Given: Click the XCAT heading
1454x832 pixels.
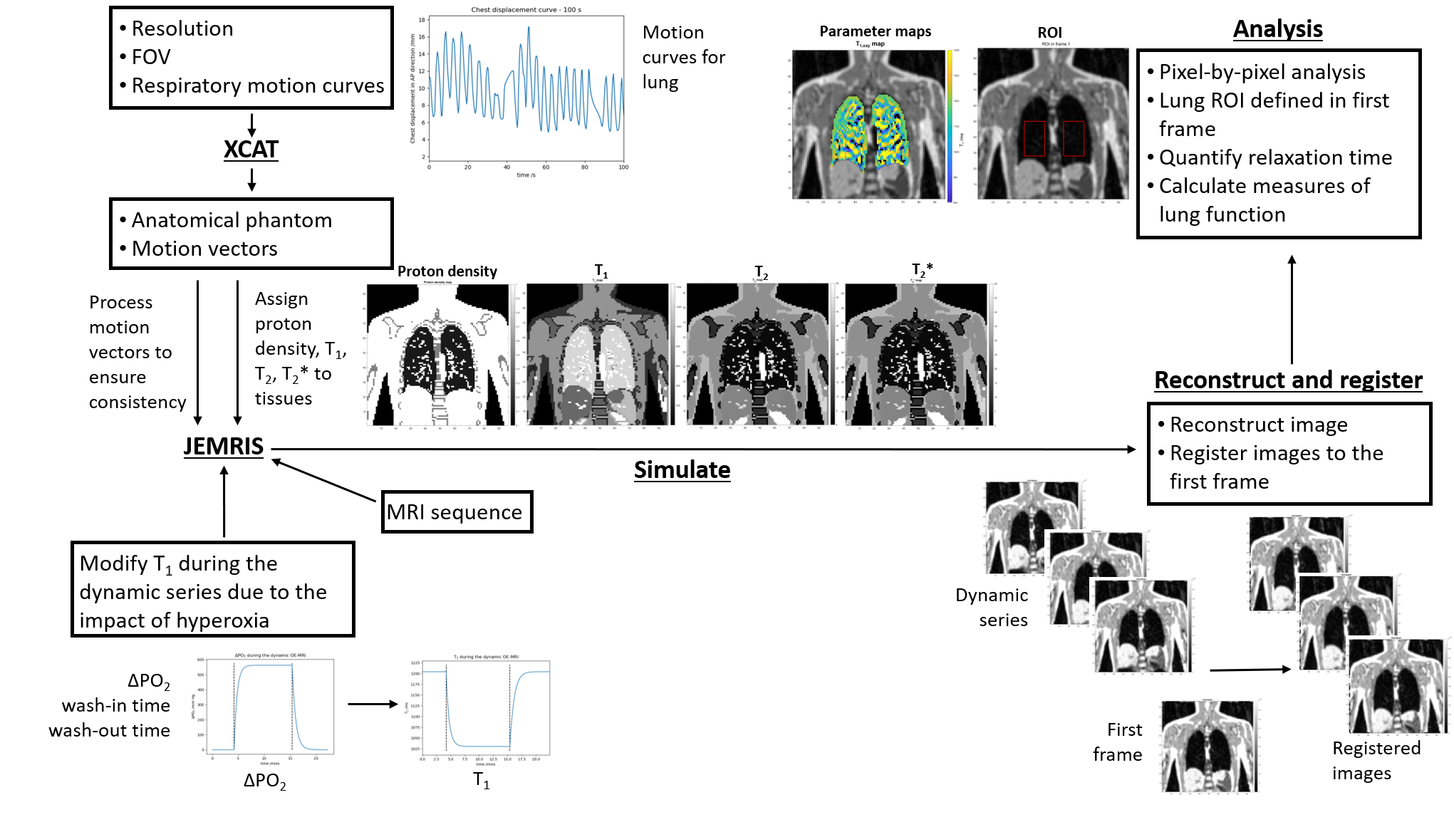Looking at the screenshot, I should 251,150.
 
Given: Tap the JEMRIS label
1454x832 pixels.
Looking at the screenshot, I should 224,447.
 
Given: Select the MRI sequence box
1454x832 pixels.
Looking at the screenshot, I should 457,512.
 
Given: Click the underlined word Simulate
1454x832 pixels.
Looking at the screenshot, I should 682,470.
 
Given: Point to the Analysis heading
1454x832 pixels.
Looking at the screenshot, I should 1277,29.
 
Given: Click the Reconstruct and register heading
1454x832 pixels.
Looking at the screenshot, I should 1288,380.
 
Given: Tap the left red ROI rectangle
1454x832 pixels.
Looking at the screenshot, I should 1034,138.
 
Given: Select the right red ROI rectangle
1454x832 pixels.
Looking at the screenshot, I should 1073,138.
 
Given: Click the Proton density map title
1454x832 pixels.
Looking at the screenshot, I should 447,271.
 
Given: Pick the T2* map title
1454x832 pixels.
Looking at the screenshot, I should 922,270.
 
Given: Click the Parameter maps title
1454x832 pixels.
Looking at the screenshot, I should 875,31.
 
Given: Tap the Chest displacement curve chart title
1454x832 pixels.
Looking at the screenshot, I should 526,10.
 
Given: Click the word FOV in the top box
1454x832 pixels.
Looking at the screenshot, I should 151,57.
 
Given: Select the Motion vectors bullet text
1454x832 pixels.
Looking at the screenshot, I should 204,249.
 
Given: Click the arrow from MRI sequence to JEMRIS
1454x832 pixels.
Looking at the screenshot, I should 324,481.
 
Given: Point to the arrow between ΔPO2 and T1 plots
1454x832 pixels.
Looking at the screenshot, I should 373,704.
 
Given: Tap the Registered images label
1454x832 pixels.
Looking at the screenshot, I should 1376,760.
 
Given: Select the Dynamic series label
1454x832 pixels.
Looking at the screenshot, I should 992,608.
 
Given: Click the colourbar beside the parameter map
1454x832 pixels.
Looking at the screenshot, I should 950,125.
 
